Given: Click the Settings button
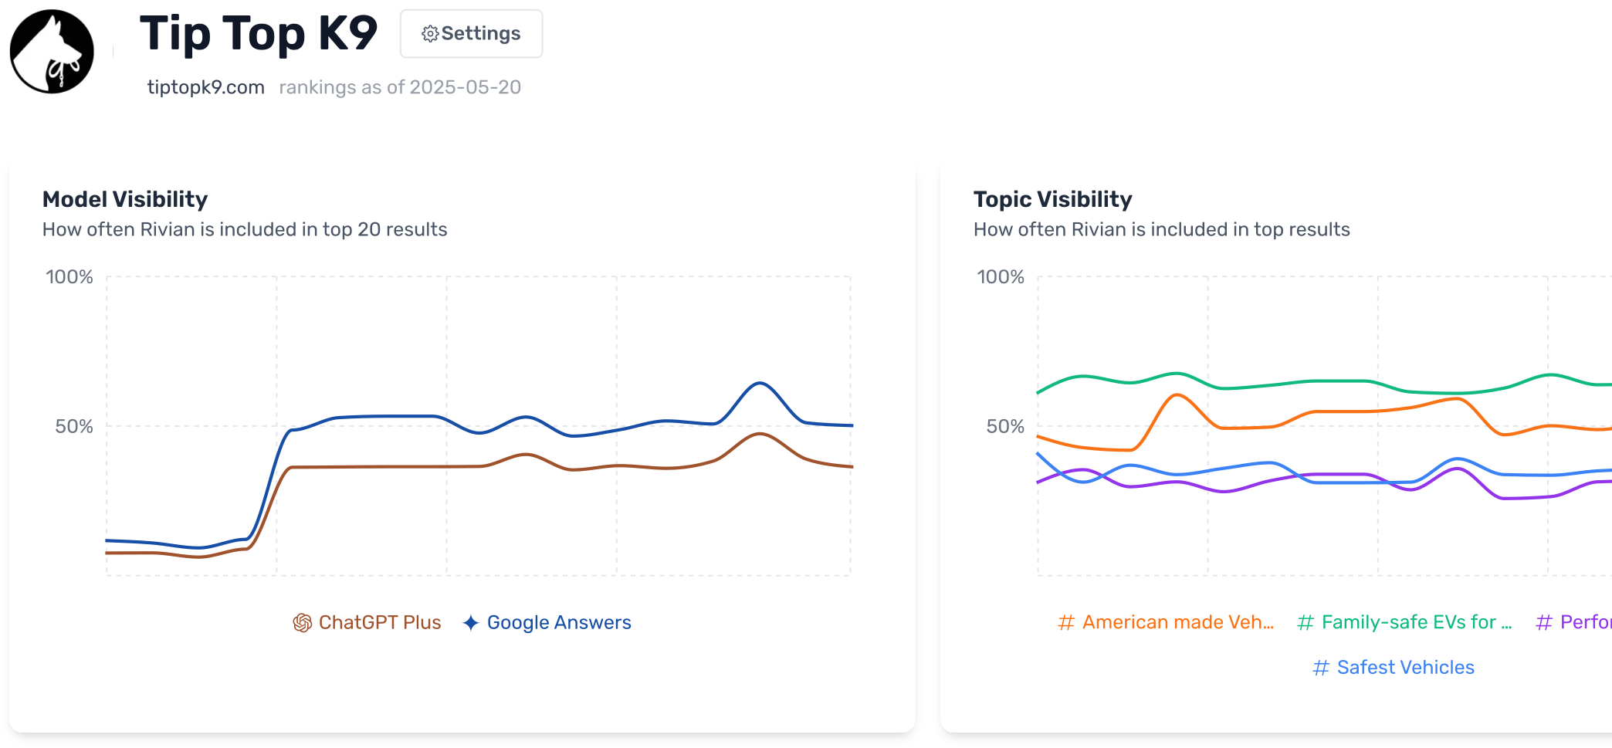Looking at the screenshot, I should coord(471,33).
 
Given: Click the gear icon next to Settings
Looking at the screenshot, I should coord(430,34).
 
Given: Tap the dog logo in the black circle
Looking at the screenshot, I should coord(52,52).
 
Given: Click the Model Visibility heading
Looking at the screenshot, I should coord(125,199).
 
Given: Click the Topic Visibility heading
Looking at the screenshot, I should coord(1052,199).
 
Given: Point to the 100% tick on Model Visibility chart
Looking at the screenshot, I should coord(69,277).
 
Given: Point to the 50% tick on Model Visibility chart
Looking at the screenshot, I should coord(73,426).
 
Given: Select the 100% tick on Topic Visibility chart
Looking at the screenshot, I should coord(1001,277).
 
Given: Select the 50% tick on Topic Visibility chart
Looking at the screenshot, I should coord(1004,426).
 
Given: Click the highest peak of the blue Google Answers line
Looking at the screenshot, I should coord(760,383).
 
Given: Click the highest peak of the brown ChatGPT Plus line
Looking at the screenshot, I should coord(760,434).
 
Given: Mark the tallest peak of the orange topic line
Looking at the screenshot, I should coord(1176,395).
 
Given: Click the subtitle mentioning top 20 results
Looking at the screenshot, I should coord(245,229).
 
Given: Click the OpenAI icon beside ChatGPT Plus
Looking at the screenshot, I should coord(303,622).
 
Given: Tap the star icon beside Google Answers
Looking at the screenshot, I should coord(471,622).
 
